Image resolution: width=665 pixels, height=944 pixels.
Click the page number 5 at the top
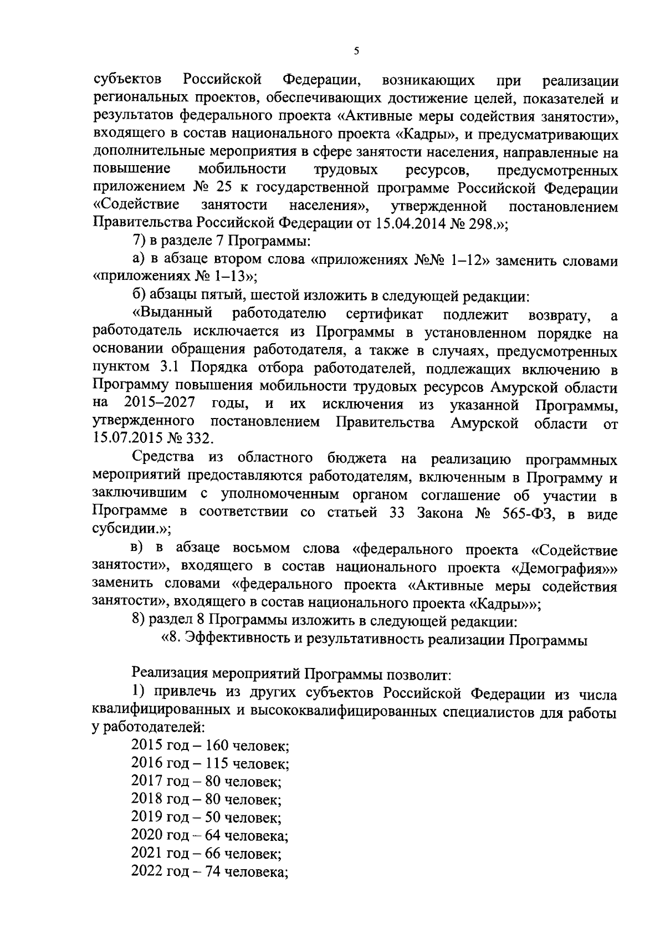pos(356,51)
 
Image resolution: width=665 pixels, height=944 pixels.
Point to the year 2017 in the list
pos(146,782)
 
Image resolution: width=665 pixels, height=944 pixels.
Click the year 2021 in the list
pos(146,853)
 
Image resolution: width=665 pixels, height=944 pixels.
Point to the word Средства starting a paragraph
pos(164,458)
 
